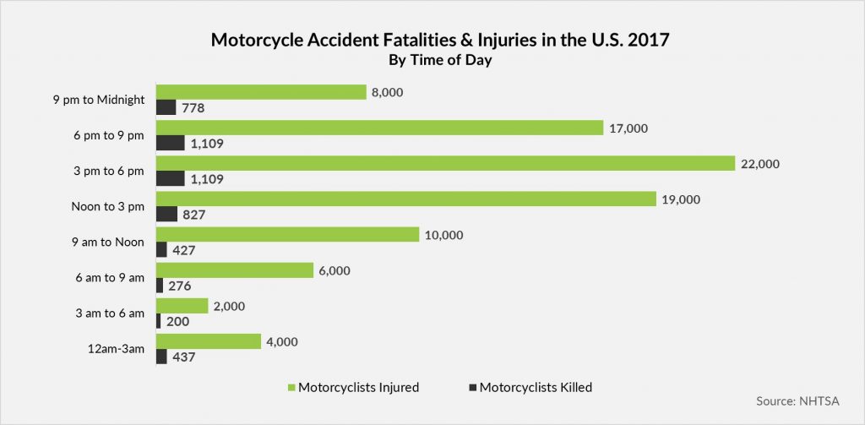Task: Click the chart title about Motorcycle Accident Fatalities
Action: point(432,40)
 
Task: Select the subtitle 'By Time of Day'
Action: point(432,61)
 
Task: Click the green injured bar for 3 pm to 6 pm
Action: point(446,163)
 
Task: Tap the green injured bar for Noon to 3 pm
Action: point(406,199)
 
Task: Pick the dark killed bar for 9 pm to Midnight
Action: point(166,107)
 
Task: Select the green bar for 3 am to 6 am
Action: point(182,305)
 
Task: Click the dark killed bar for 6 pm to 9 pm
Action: point(171,143)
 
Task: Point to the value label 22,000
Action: point(760,164)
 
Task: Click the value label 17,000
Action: point(628,128)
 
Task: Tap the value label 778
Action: point(194,108)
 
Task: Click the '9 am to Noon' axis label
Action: point(107,242)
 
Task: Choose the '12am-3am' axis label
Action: point(117,349)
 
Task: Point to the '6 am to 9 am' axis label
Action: point(110,278)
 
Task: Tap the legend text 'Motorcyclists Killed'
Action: point(536,388)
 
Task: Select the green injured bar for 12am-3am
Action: point(209,341)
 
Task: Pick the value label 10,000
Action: point(443,235)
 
